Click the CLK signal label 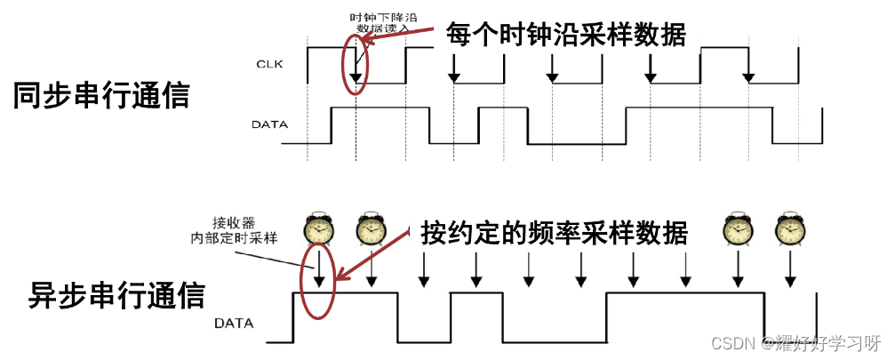pos(268,64)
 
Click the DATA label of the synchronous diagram pos(269,124)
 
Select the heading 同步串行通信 pos(101,95)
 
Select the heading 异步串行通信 pos(117,294)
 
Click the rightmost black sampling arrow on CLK pos(749,71)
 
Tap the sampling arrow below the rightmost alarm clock pos(788,268)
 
